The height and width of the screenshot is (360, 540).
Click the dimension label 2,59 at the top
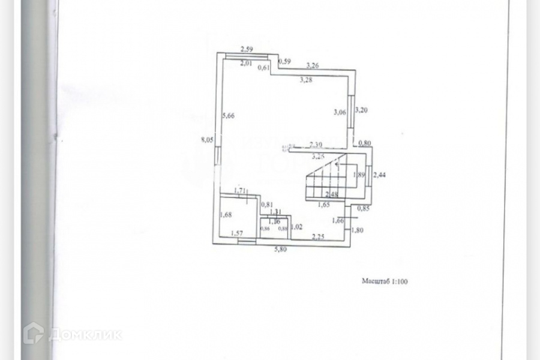[248, 49]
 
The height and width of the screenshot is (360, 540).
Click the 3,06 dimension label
[339, 112]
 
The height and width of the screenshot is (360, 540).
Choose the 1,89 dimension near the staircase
[359, 175]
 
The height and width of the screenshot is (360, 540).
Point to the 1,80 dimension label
[358, 230]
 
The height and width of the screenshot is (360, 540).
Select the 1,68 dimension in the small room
[226, 215]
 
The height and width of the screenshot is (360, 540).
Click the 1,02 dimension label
[296, 227]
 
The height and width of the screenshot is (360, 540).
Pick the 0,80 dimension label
[364, 143]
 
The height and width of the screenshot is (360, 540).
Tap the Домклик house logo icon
[35, 332]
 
